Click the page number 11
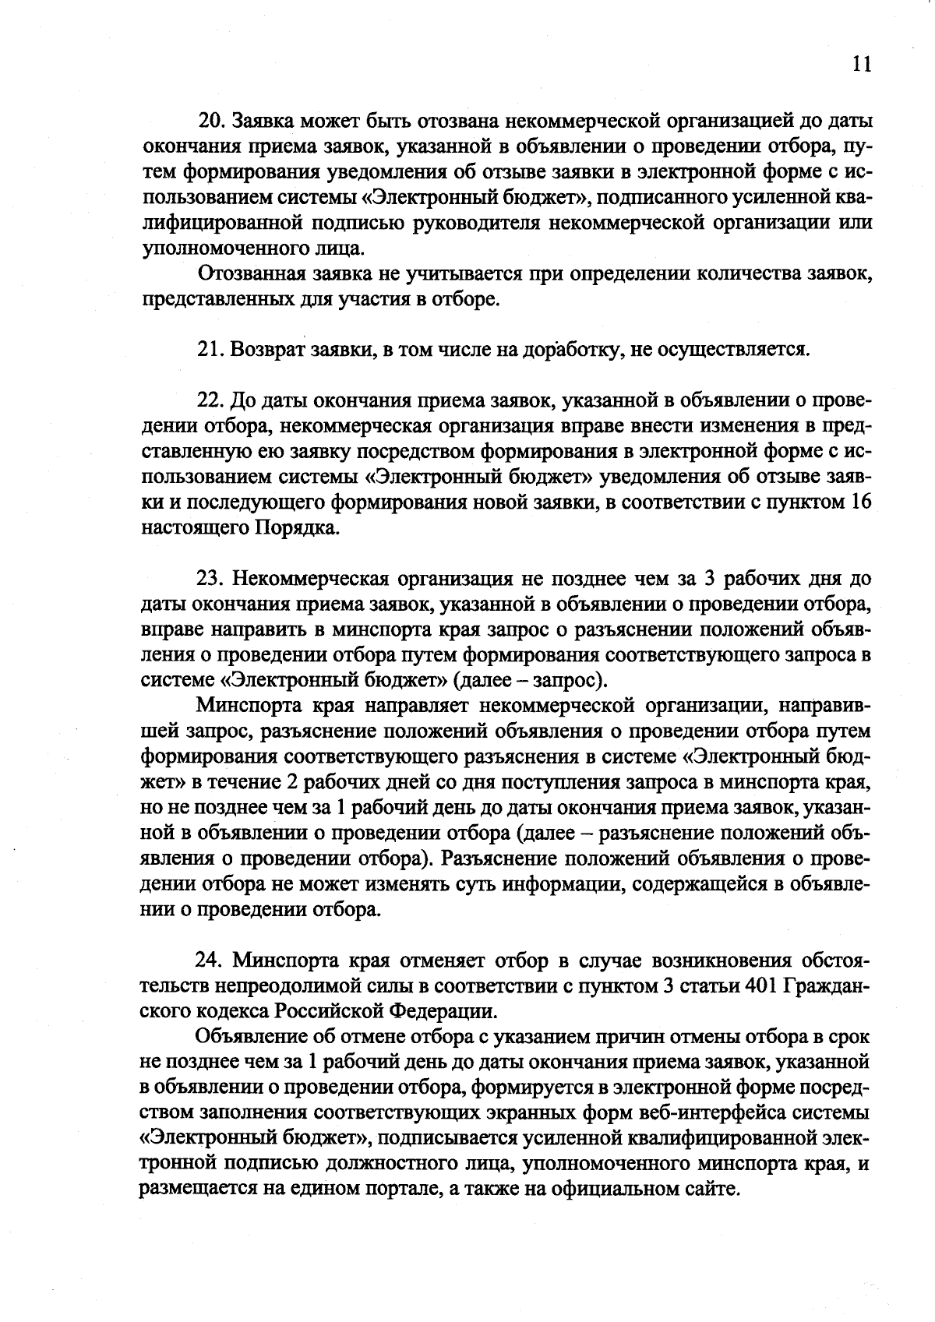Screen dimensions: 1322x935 [860, 65]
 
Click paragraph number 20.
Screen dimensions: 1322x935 [210, 122]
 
